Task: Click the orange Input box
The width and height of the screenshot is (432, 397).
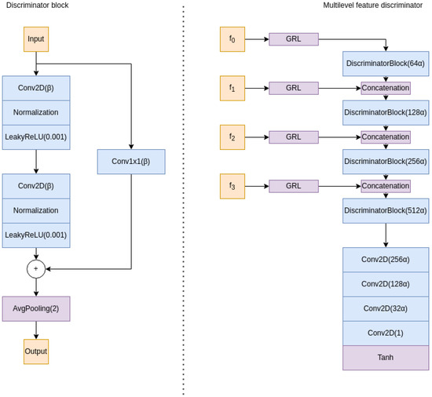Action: [x=36, y=39]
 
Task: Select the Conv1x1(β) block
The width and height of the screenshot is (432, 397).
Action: [x=131, y=162]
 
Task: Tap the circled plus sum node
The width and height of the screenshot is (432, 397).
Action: [x=36, y=268]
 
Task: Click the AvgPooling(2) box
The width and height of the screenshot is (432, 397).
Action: [x=36, y=308]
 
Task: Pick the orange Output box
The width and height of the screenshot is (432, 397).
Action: [x=36, y=351]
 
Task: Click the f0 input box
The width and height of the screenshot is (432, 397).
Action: [x=232, y=39]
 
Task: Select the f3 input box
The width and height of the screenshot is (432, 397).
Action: [x=232, y=186]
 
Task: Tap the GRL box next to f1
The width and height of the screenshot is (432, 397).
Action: [x=293, y=88]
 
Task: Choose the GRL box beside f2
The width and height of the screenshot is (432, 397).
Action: [x=293, y=137]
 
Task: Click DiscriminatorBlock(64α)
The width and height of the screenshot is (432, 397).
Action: [x=386, y=64]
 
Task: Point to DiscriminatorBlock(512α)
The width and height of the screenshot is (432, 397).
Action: [x=386, y=210]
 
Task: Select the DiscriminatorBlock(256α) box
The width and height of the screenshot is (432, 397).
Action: [x=386, y=162]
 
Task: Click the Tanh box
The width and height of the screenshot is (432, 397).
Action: [x=386, y=357]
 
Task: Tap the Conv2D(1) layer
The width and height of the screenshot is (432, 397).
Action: [x=386, y=333]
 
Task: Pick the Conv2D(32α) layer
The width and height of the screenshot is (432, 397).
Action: [x=386, y=308]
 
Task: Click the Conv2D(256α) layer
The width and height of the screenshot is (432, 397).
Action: [x=386, y=260]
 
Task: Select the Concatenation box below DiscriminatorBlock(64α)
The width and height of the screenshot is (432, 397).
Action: [x=386, y=88]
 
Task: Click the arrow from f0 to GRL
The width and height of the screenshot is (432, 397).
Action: [x=256, y=39]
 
